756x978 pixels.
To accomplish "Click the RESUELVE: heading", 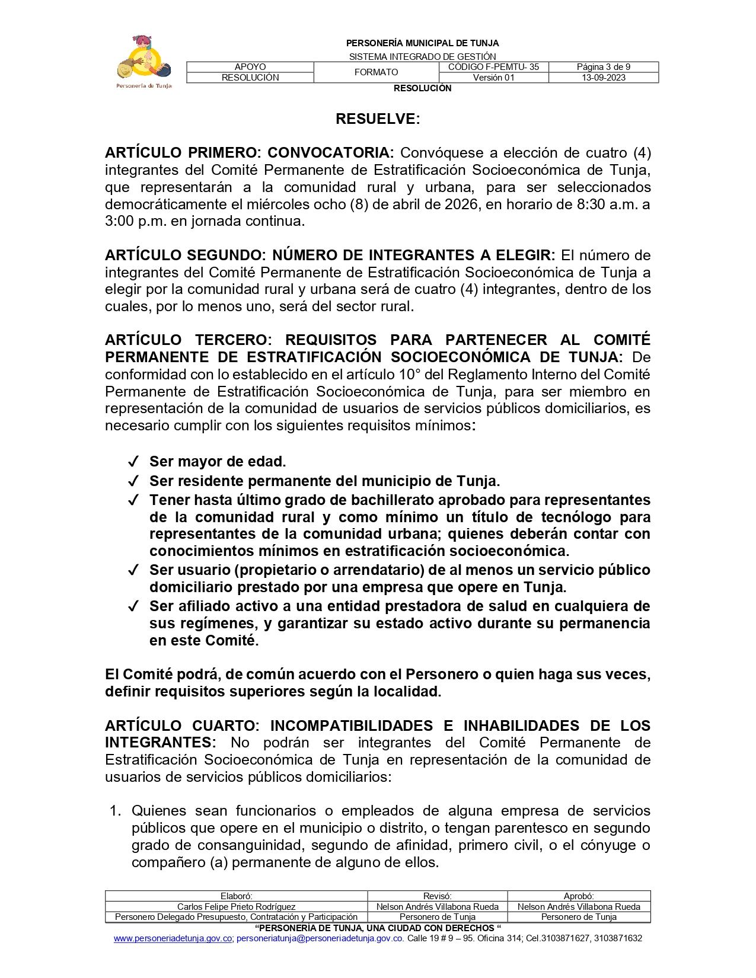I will point(378,119).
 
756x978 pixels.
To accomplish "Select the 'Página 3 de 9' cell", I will point(603,67).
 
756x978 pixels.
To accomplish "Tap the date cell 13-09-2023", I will point(603,78).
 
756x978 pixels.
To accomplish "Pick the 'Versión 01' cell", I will point(493,78).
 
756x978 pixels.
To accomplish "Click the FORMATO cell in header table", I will point(376,72).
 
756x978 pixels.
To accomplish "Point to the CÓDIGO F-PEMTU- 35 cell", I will point(493,67).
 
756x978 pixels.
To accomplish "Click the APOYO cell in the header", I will point(250,67).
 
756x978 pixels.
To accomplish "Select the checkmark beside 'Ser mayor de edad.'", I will point(133,461).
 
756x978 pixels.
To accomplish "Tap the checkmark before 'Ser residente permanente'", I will point(133,481).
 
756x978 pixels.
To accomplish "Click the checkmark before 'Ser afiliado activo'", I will point(133,606).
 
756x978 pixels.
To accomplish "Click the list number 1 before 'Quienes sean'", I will point(115,811).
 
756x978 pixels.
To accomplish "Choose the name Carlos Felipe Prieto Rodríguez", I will point(236,906).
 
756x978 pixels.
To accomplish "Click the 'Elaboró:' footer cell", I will point(236,896).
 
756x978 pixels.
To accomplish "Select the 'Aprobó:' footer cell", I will point(579,896).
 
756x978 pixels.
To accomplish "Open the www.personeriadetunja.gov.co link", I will point(173,938).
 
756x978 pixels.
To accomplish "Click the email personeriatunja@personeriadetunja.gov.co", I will point(320,938).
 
